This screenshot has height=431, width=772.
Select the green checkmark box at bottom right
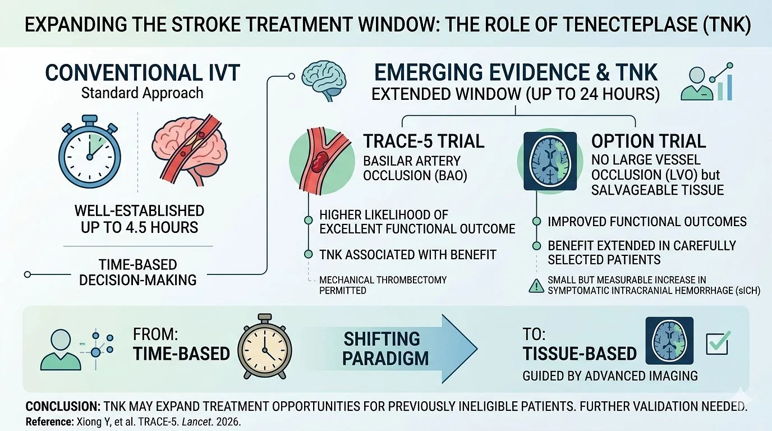[x=718, y=342]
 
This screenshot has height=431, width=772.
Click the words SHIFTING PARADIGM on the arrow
[x=381, y=348]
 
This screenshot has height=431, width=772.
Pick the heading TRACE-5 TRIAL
[x=424, y=140]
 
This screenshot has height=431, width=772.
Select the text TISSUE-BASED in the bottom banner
[x=580, y=354]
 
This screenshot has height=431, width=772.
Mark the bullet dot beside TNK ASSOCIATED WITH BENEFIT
[x=308, y=254]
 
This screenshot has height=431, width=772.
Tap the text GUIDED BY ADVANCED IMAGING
[x=610, y=375]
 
